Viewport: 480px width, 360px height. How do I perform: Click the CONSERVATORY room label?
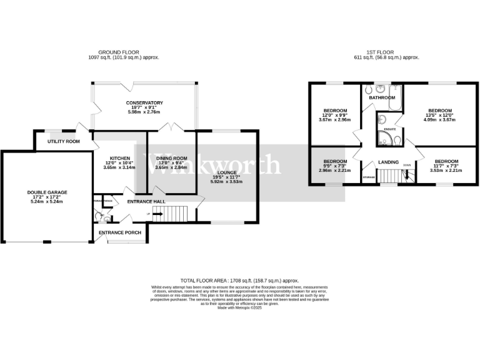coord(144,102)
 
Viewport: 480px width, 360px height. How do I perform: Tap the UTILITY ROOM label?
coord(64,142)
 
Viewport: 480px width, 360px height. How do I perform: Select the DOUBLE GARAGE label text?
coord(47,192)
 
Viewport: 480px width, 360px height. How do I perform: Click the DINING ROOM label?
coord(171,159)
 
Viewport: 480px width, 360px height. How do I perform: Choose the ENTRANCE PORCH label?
coord(120,232)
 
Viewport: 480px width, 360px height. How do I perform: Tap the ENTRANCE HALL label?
coord(146,202)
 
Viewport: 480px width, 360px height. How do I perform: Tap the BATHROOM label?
coord(381,98)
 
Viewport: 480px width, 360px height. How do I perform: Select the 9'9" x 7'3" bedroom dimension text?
coord(335,166)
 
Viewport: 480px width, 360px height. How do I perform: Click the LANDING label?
coord(389,162)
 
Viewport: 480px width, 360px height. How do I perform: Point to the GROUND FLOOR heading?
coord(119,52)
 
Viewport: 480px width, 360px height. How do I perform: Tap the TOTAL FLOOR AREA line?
coord(240,281)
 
